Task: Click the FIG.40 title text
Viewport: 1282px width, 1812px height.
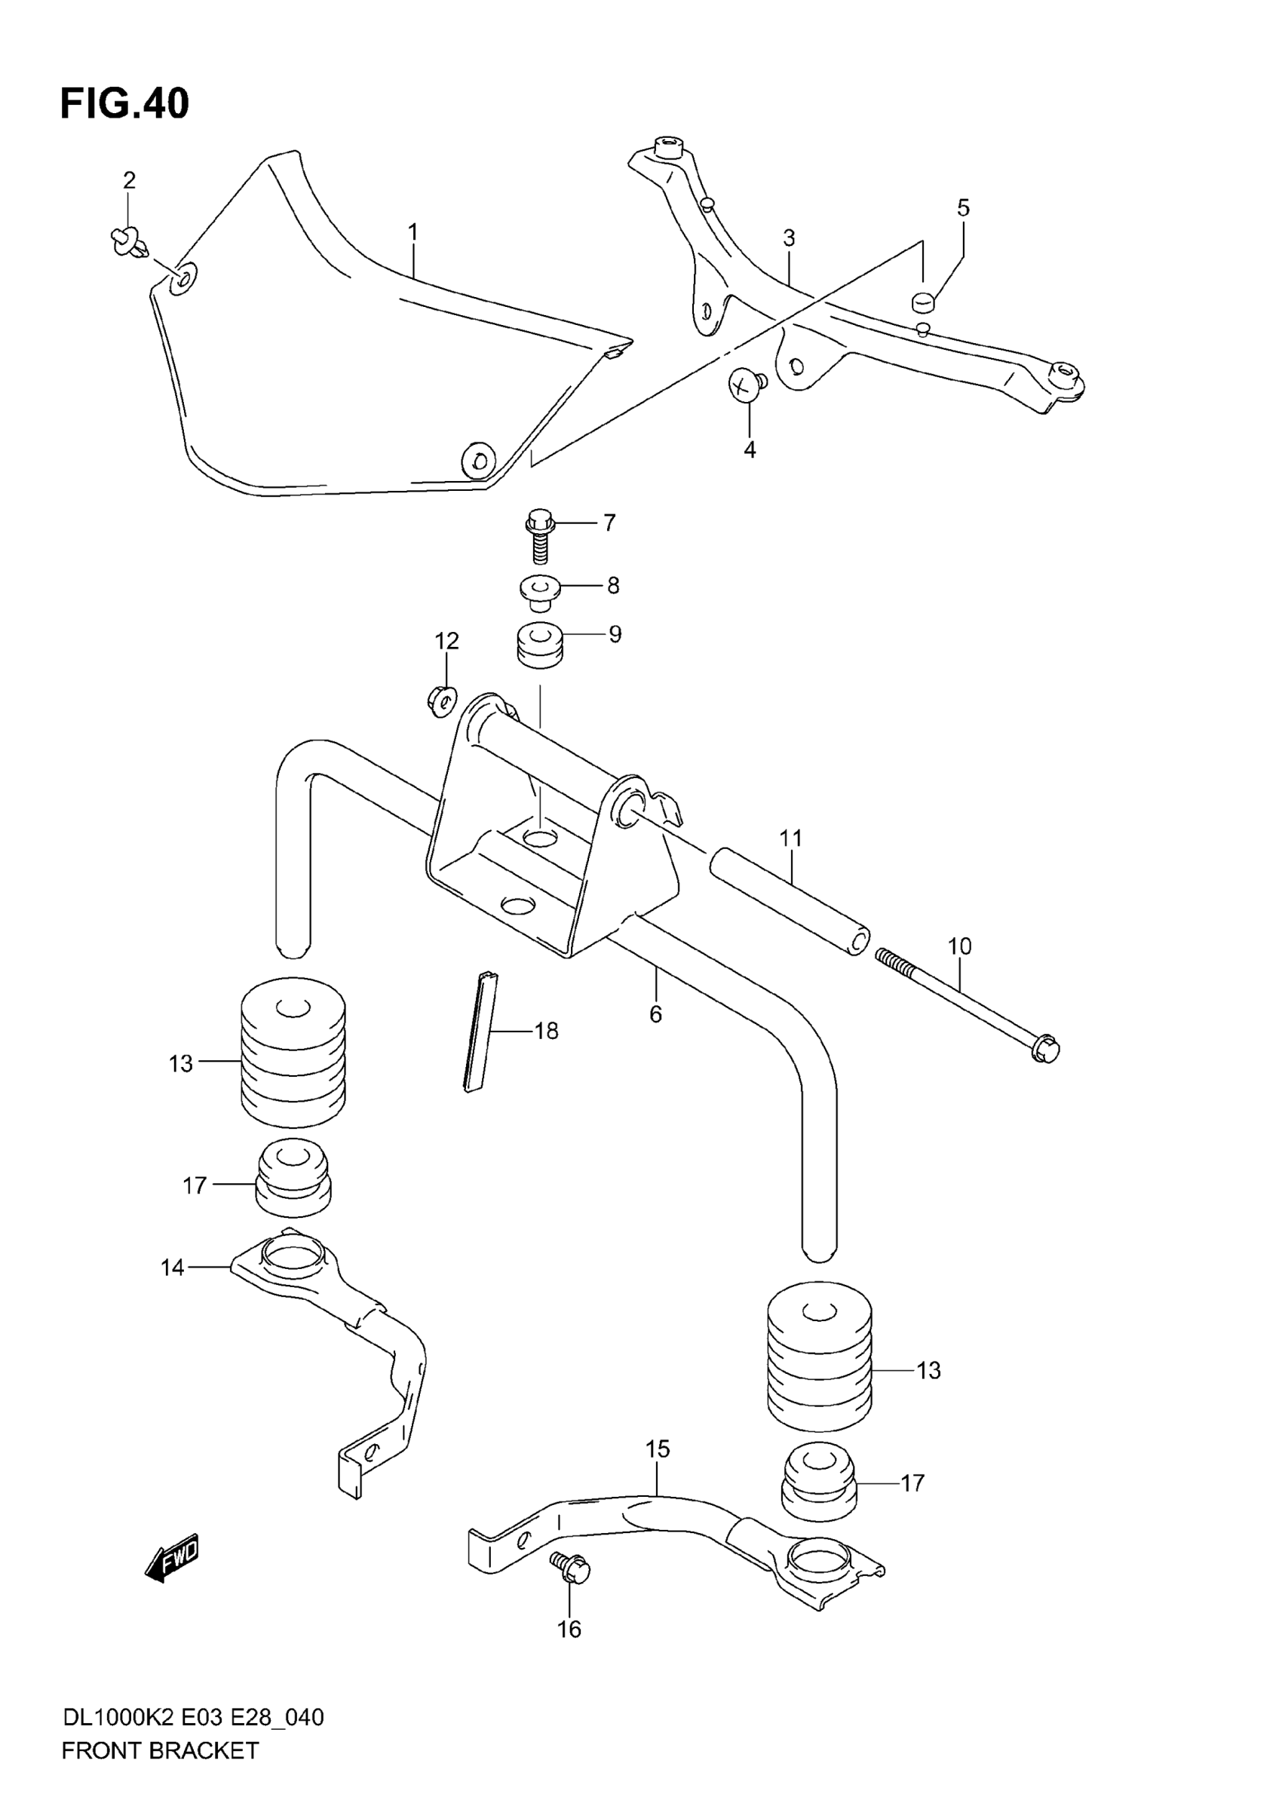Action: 124,104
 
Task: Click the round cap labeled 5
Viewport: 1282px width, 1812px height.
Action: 923,301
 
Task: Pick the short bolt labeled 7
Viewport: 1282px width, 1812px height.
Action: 539,535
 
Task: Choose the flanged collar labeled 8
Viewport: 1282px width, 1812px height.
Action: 540,590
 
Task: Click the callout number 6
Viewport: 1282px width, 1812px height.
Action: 655,1013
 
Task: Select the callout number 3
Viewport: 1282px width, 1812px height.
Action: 789,238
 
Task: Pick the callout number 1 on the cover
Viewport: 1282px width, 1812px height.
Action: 412,232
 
